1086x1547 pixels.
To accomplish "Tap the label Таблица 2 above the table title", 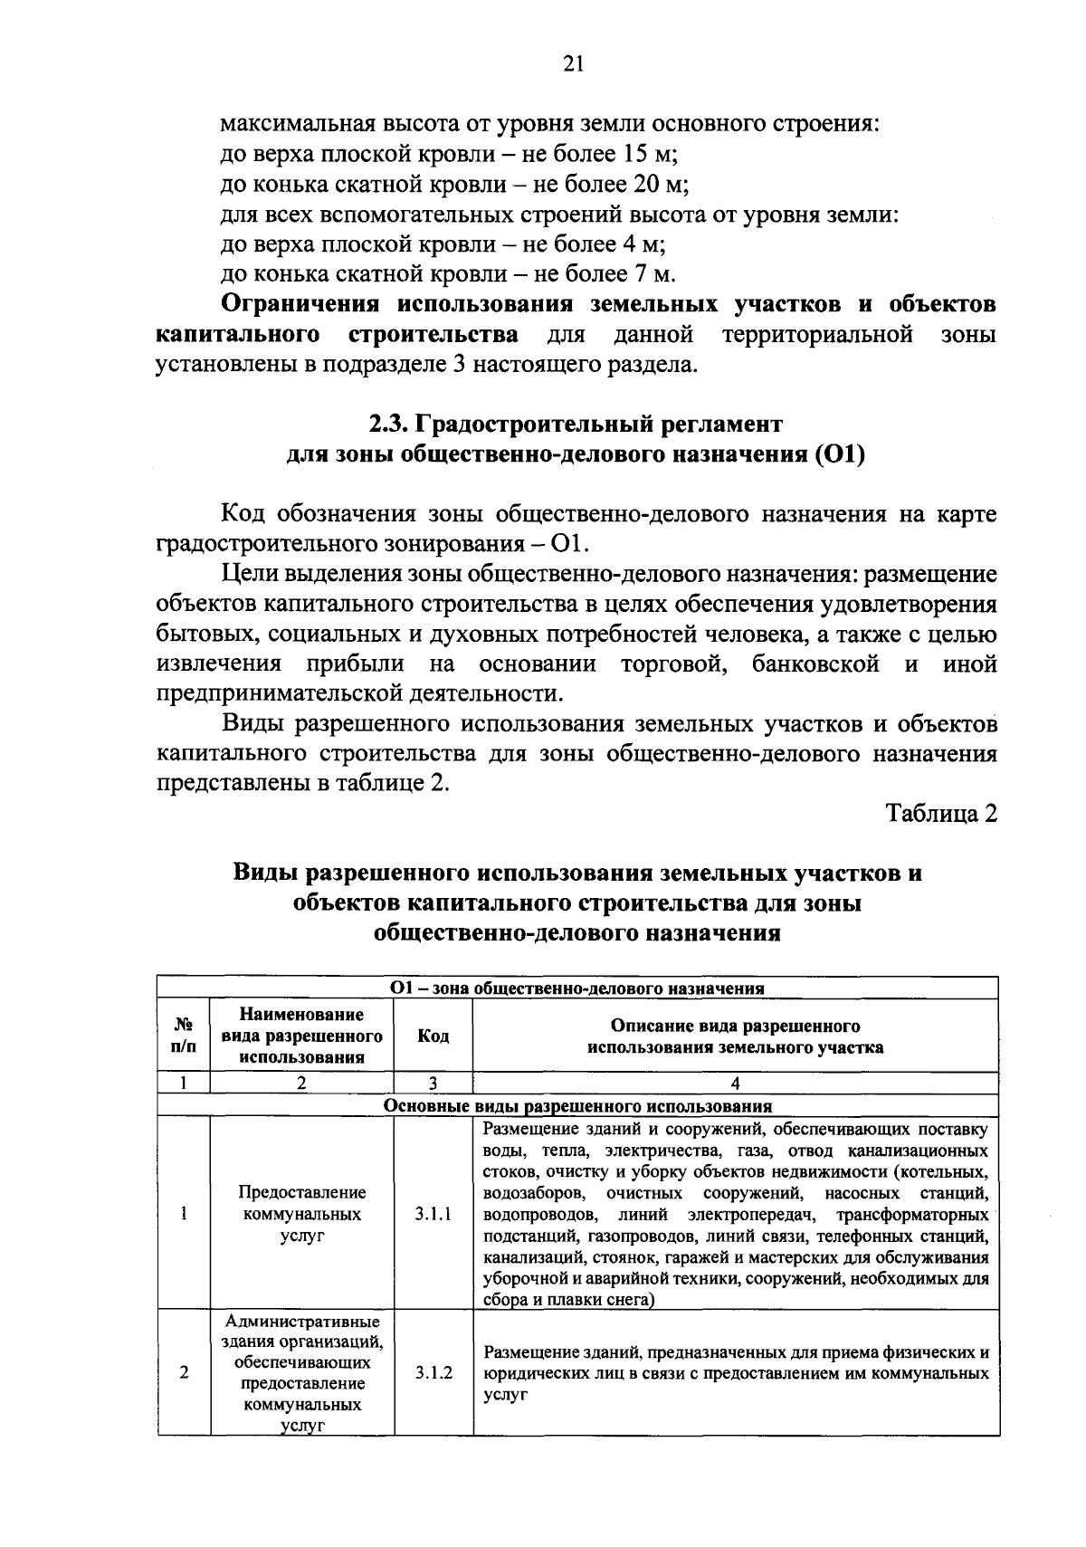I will tap(941, 813).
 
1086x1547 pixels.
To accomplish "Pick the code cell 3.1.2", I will tap(433, 1373).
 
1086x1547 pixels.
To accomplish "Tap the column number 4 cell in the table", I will tap(735, 1084).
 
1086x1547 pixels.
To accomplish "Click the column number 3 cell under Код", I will tap(433, 1084).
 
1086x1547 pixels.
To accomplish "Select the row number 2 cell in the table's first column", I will tap(184, 1373).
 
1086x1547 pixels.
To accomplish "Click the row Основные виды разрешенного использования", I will tap(577, 1106).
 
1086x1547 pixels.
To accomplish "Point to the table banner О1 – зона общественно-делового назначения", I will tap(577, 988).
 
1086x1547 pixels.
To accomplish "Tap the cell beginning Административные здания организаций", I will tap(302, 1373).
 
